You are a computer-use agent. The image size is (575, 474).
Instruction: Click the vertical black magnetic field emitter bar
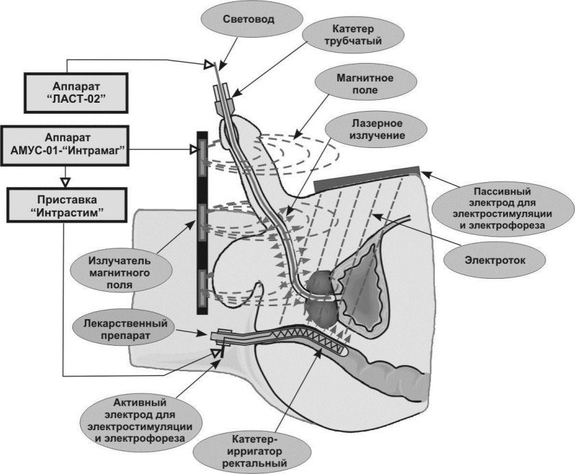[x=202, y=223]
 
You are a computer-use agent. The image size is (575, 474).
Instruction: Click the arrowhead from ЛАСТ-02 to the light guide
[x=208, y=65]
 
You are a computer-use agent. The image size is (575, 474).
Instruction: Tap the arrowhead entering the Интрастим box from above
[x=66, y=182]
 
